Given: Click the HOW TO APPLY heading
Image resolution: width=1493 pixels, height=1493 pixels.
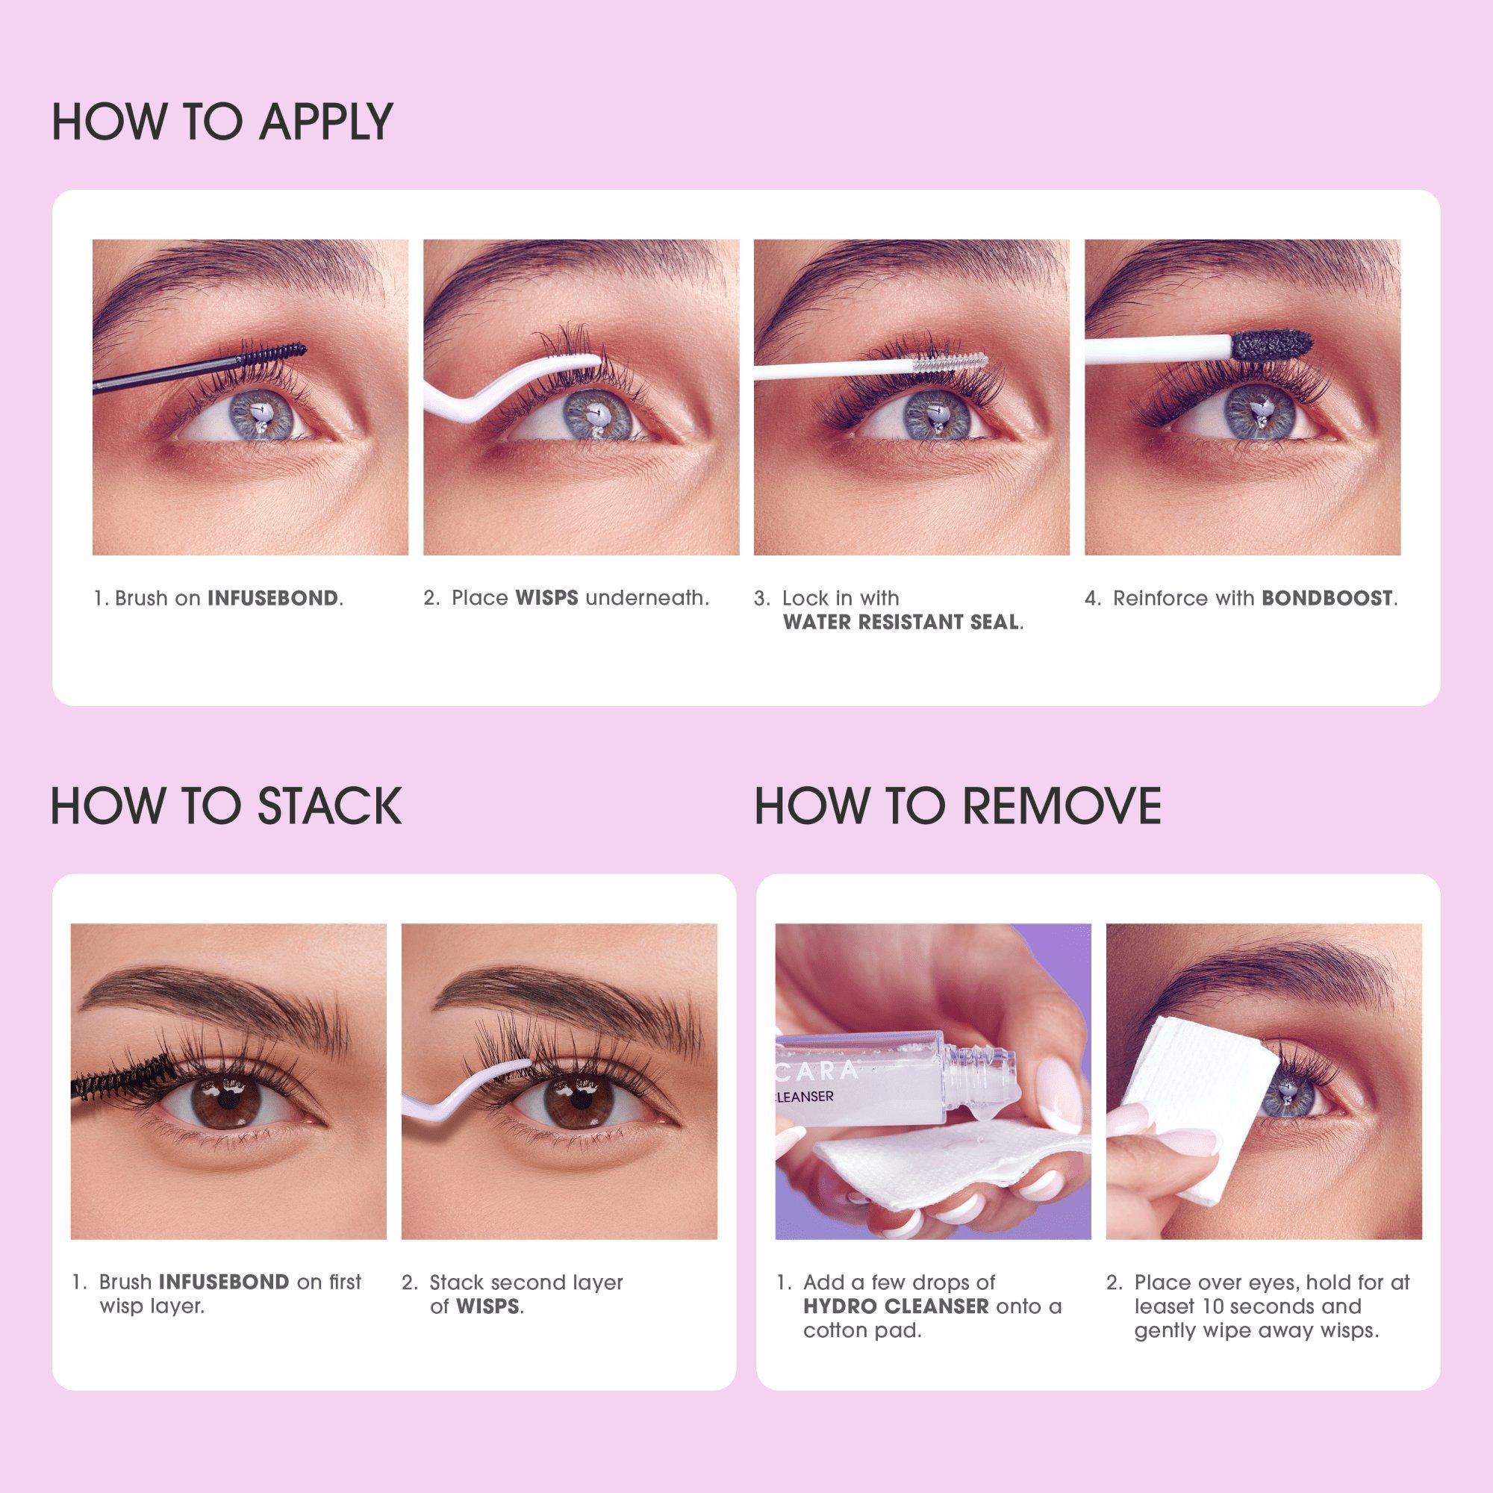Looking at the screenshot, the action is click(x=222, y=122).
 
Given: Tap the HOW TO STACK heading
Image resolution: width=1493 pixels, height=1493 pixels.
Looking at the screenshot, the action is click(x=226, y=806).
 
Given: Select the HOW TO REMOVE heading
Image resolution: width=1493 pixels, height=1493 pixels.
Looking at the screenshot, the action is click(x=959, y=806).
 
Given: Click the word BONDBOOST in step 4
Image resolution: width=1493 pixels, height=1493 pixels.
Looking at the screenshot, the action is click(x=1327, y=598).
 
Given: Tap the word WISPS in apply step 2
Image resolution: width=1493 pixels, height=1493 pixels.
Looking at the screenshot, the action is click(x=546, y=598).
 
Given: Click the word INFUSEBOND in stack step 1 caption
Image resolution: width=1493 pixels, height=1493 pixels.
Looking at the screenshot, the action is click(x=224, y=1282).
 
